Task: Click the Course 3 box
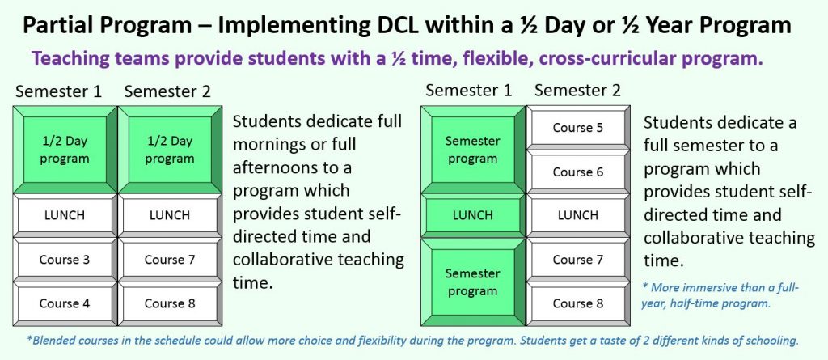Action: pyautogui.click(x=65, y=260)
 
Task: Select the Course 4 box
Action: pyautogui.click(x=65, y=304)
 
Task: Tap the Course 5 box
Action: pyautogui.click(x=578, y=127)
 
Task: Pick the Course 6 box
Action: pyautogui.click(x=578, y=172)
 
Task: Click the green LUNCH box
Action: pyautogui.click(x=473, y=216)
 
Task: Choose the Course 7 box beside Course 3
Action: pyautogui.click(x=170, y=260)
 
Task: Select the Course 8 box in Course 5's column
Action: pyautogui.click(x=578, y=304)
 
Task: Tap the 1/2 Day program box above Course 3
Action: pyautogui.click(x=65, y=150)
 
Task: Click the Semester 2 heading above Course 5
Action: pyautogui.click(x=577, y=91)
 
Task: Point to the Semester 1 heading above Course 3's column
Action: pyautogui.click(x=58, y=91)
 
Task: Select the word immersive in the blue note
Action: pyautogui.click(x=706, y=287)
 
